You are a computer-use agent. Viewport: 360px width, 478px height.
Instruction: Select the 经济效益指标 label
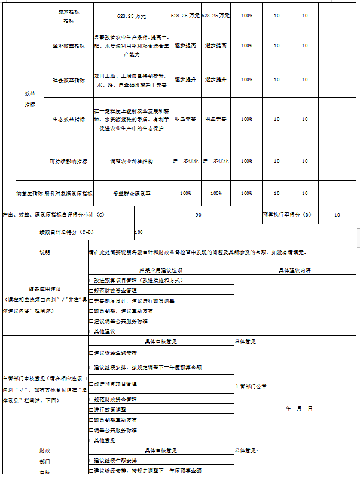pos(69,45)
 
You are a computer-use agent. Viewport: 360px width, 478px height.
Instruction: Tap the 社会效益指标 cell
pos(69,79)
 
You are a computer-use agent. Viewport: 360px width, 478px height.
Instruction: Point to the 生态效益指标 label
pos(69,118)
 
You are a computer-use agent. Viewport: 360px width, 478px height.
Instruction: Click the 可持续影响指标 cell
pos(69,161)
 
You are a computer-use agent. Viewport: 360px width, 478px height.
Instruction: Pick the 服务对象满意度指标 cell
pos(69,193)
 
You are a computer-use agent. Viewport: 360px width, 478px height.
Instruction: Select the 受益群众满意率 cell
pos(130,193)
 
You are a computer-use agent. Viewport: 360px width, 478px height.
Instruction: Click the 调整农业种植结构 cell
pos(130,161)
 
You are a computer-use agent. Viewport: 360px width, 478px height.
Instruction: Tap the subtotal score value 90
pos(198,214)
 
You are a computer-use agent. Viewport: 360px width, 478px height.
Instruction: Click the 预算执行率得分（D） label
pos(287,214)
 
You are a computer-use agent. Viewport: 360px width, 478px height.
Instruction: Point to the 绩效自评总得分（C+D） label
pos(68,232)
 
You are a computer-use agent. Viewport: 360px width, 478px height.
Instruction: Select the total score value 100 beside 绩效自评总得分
pos(139,232)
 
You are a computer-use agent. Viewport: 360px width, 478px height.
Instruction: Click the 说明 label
pos(45,252)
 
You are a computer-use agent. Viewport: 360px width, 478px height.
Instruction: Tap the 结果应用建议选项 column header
pos(161,270)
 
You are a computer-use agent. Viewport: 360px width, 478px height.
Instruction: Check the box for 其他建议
pos(91,330)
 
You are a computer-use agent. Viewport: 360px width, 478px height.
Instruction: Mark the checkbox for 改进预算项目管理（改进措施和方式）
pos(91,280)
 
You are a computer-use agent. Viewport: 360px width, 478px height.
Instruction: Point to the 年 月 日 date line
pos(299,409)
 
